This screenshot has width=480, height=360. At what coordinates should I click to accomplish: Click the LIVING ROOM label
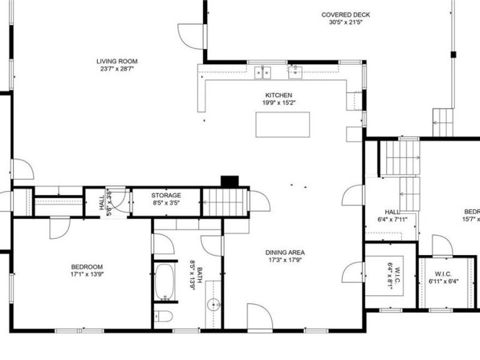(x=118, y=61)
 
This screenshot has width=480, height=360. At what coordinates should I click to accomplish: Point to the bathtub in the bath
(x=164, y=282)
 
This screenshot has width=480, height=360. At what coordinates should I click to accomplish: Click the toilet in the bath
(x=164, y=316)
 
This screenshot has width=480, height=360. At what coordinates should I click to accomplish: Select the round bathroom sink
(x=214, y=305)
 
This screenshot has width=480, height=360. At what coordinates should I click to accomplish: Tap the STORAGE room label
(x=166, y=196)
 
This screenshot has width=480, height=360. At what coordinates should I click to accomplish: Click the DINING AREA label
(x=286, y=253)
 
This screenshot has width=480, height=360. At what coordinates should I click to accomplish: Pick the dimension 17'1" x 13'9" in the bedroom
(x=87, y=275)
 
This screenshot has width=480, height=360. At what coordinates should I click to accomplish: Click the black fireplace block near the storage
(x=230, y=182)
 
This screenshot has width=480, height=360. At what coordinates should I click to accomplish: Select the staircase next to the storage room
(x=225, y=202)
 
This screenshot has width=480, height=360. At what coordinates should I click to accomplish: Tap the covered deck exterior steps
(x=443, y=122)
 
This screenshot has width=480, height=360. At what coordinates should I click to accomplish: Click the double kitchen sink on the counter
(x=262, y=73)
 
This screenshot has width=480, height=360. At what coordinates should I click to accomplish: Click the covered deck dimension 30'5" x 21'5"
(x=346, y=23)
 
